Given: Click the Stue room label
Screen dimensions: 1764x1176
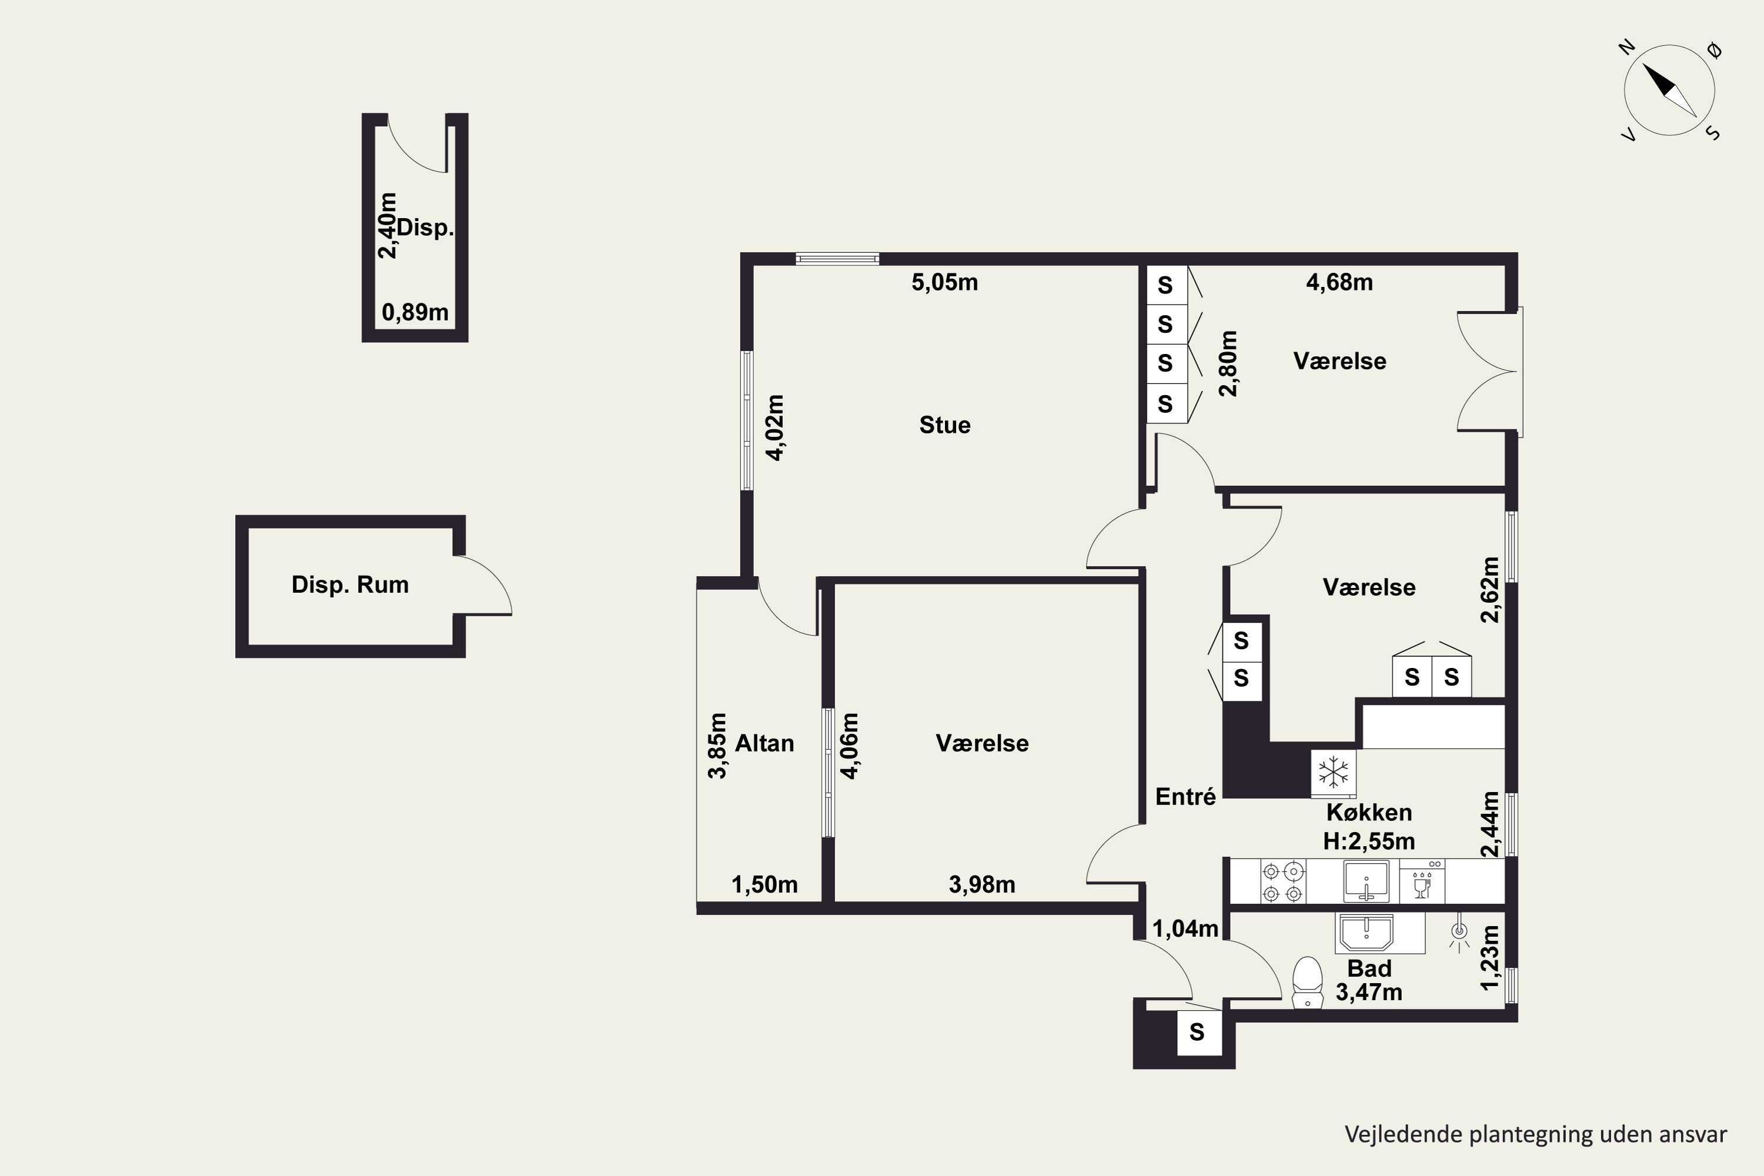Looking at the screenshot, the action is pyautogui.click(x=945, y=425).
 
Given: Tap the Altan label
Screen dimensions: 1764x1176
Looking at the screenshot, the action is pyautogui.click(x=764, y=743).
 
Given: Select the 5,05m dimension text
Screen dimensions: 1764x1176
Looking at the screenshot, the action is pyautogui.click(x=945, y=282).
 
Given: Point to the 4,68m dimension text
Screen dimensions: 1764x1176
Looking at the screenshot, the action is pyautogui.click(x=1339, y=282).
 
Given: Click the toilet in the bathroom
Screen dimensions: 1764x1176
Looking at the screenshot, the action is pyautogui.click(x=1308, y=982).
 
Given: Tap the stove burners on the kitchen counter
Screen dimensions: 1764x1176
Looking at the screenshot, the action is pyautogui.click(x=1283, y=882).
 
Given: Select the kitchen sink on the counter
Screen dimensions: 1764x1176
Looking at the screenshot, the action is pyautogui.click(x=1367, y=881).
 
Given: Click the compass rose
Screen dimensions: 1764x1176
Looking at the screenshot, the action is pyautogui.click(x=1669, y=91).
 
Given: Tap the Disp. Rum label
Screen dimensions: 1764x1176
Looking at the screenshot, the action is pyautogui.click(x=350, y=585).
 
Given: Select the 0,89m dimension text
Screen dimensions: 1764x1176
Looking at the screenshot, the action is pyautogui.click(x=416, y=312).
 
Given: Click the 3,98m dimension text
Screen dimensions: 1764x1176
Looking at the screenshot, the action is pyautogui.click(x=983, y=885).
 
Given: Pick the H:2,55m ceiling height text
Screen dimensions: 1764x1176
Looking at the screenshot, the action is pyautogui.click(x=1369, y=841).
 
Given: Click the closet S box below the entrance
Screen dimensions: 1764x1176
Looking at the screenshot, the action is pyautogui.click(x=1197, y=1033).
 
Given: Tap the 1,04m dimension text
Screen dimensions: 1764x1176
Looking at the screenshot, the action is pyautogui.click(x=1185, y=928).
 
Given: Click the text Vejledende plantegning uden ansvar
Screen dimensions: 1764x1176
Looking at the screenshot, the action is pyautogui.click(x=1536, y=1135).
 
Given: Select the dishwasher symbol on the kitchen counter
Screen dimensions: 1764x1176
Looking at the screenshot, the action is pyautogui.click(x=1422, y=882).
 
